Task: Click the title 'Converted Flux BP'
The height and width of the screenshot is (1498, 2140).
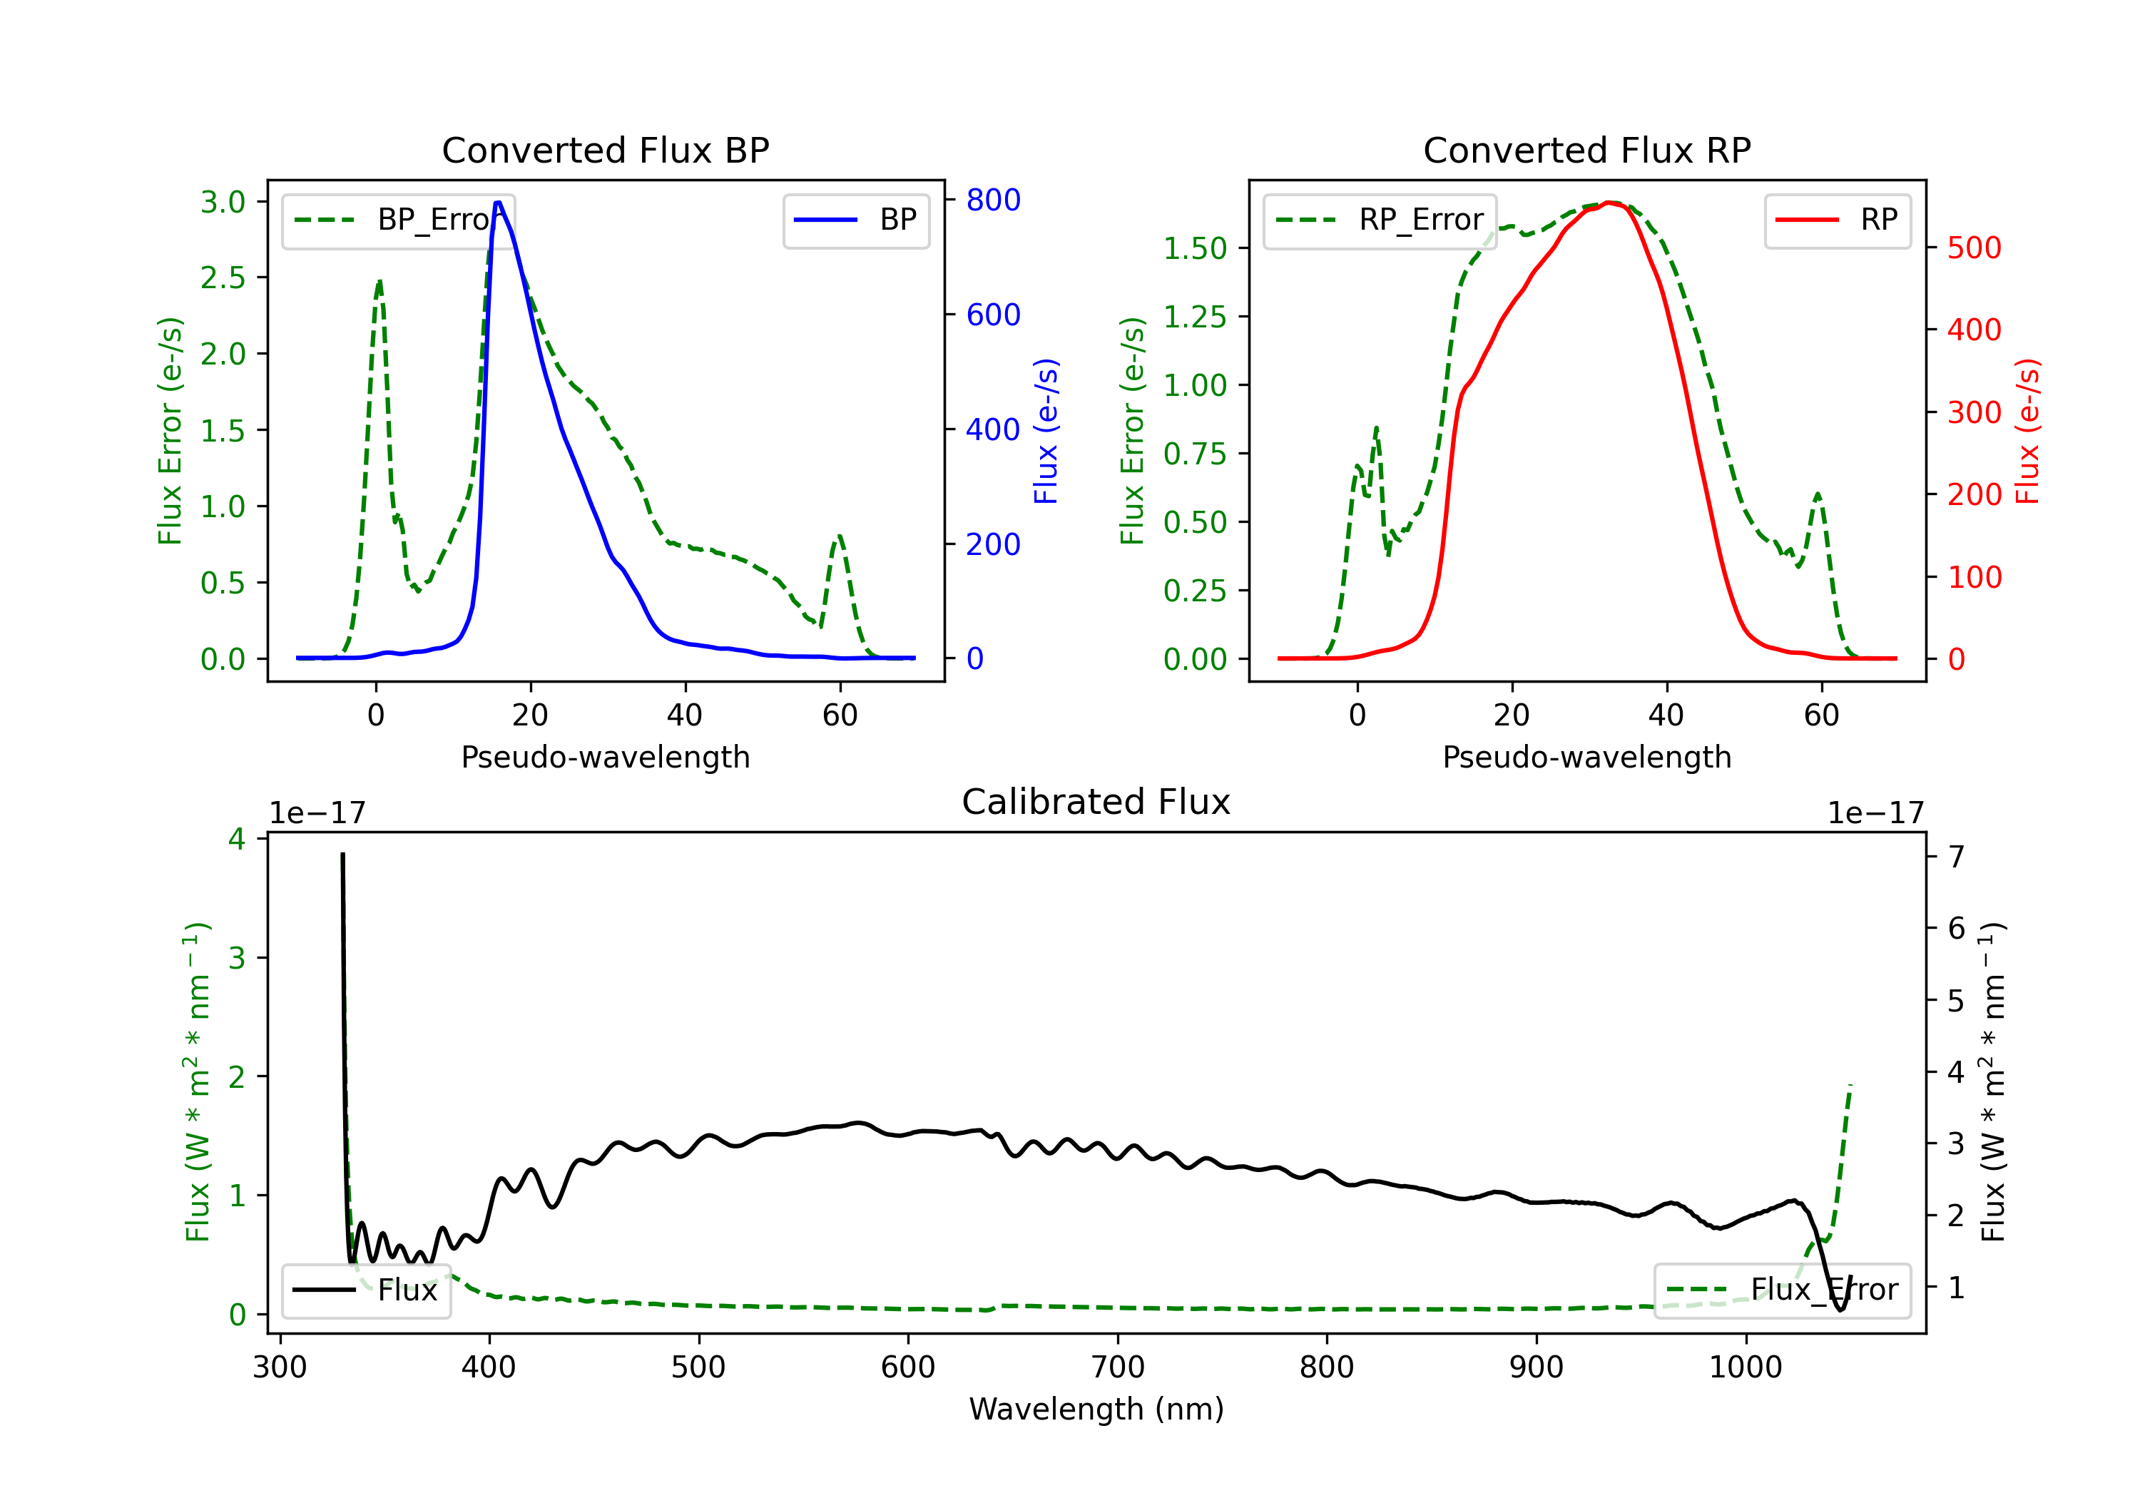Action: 605,150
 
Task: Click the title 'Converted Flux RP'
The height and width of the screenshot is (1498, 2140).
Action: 1586,150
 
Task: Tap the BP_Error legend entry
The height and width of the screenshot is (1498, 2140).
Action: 399,220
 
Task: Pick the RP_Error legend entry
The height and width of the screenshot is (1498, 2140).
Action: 1380,220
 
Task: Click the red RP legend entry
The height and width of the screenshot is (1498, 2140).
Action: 1837,220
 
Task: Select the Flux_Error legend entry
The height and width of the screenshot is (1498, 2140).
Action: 1782,1290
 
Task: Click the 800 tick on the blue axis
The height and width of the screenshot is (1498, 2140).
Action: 993,200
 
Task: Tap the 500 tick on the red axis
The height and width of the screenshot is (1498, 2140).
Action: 1974,248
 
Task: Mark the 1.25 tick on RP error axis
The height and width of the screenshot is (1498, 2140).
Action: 1195,317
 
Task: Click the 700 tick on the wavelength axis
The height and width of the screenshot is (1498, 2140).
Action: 1118,1367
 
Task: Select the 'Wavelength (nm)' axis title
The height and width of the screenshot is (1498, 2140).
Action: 1096,1409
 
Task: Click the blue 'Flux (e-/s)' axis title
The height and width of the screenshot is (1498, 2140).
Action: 1046,431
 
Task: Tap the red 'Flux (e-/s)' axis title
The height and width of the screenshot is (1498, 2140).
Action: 2027,431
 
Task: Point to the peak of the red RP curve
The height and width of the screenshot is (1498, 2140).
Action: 1610,203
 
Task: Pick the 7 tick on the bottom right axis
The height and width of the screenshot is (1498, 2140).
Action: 1957,856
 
